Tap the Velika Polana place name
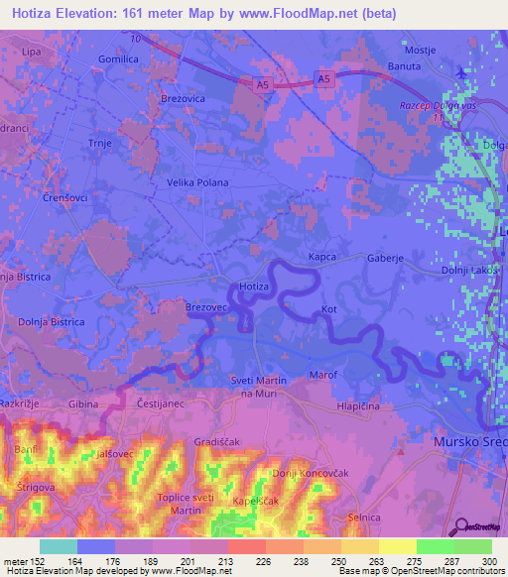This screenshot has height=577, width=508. point(197,182)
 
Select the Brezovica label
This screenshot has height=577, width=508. point(182,99)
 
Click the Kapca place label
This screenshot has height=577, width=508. point(323,256)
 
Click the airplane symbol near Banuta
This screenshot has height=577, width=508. point(461,72)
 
